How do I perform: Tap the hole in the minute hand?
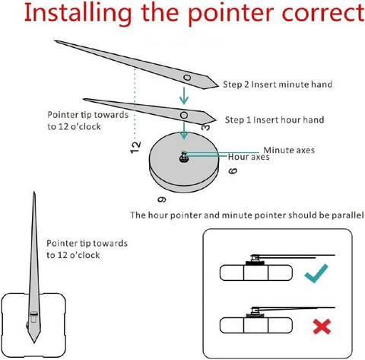tap(187, 77)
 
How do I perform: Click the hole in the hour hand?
tap(184, 116)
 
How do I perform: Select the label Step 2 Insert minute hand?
tap(278, 84)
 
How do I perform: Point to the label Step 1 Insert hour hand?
tap(275, 119)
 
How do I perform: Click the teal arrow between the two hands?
tap(184, 96)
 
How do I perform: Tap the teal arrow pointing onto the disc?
tap(184, 130)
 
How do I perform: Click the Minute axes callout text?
tap(289, 150)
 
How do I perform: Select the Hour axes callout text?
tap(249, 157)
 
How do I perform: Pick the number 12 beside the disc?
tap(135, 147)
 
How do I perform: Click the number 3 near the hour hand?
tap(206, 126)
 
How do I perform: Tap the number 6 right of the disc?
tap(233, 170)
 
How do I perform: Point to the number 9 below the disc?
tap(162, 199)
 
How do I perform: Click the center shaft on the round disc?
tap(184, 157)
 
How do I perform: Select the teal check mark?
tap(316, 273)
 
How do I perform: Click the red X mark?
tap(322, 327)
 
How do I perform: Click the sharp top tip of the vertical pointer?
tap(34, 192)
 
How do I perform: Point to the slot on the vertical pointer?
tap(33, 317)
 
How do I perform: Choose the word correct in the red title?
tap(323, 14)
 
